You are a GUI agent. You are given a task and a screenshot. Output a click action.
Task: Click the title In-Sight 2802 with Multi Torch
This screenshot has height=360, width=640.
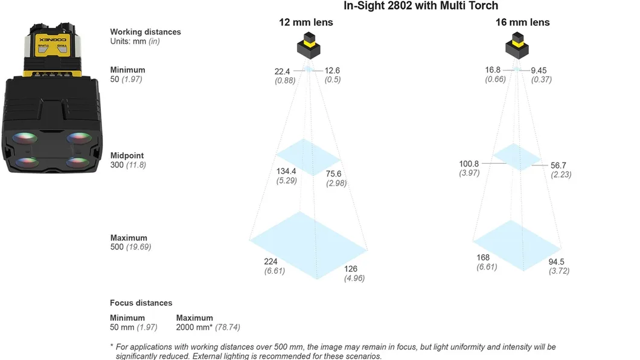421,6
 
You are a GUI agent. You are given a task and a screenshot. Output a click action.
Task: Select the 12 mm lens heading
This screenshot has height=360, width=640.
306,22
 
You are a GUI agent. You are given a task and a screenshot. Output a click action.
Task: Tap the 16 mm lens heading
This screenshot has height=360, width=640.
522,22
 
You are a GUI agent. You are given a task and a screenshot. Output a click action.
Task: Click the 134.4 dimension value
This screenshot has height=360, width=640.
286,171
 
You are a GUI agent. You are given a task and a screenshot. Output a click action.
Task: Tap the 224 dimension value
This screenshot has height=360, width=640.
270,262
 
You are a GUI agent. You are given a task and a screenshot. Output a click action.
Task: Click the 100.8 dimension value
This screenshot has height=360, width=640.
469,164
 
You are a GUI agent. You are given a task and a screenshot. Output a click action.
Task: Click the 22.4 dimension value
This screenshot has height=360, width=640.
282,72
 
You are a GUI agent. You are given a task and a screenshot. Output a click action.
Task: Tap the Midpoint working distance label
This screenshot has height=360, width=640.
127,156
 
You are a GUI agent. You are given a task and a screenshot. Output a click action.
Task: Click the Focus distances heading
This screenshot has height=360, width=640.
141,303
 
